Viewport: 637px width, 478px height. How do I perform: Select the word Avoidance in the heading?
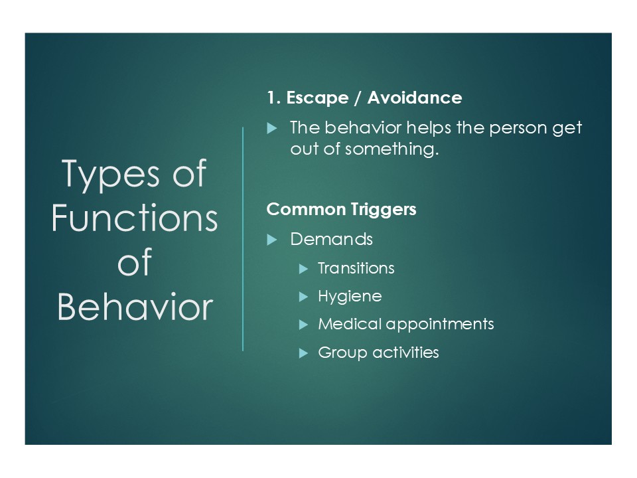click(415, 98)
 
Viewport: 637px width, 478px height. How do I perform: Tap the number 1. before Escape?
click(274, 98)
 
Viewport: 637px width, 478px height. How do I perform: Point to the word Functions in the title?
click(135, 218)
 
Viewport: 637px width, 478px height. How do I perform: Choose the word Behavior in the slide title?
click(135, 306)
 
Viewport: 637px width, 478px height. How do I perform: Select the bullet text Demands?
click(332, 239)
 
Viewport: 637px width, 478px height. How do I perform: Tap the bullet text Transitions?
click(356, 268)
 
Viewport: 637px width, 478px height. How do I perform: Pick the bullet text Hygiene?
click(350, 297)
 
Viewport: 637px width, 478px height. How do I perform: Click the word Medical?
click(350, 324)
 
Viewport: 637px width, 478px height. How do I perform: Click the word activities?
click(406, 353)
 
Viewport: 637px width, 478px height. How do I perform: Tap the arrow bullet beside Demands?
click(272, 240)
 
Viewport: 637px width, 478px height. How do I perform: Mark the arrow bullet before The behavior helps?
click(272, 129)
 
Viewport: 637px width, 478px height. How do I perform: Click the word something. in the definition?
click(391, 150)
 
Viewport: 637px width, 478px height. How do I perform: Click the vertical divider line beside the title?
click(243, 239)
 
